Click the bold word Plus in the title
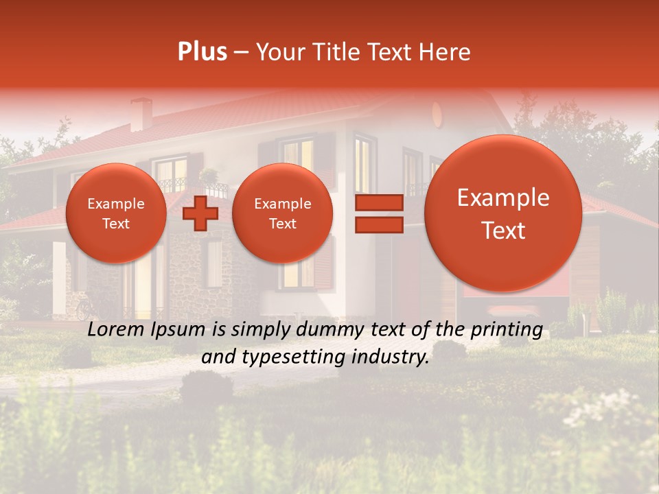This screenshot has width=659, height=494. (x=202, y=52)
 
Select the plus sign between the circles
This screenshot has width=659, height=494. (x=200, y=214)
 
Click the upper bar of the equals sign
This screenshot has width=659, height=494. (x=378, y=202)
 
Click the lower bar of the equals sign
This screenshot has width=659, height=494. (x=378, y=225)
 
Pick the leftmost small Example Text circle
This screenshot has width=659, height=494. (x=116, y=213)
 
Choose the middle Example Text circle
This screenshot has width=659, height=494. (x=283, y=213)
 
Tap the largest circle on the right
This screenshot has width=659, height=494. (x=503, y=213)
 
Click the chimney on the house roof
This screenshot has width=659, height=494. (x=141, y=113)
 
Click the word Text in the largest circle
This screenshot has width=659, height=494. (x=503, y=231)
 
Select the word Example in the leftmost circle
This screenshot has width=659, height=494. (x=116, y=204)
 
